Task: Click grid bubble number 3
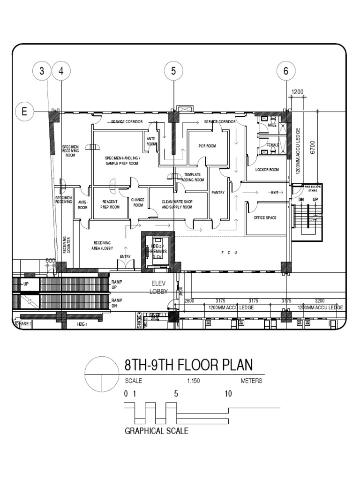point(42,71)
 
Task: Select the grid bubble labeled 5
point(173,71)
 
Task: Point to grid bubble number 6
point(286,71)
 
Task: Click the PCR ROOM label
point(207,146)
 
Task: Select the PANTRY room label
point(218,192)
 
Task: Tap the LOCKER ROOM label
point(267,170)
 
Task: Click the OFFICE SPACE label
point(265,218)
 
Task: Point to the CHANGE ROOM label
point(138,202)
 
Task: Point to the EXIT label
point(274,192)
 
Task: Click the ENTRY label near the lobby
point(125,256)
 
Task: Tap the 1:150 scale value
point(193,381)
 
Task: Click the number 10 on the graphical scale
point(228,394)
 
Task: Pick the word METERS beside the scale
point(251,381)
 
